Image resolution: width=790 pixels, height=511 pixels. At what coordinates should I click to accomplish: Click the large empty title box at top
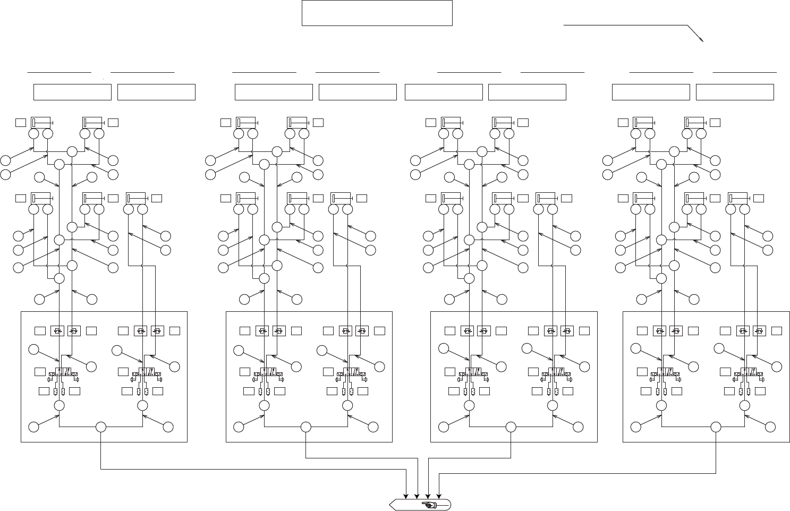click(x=377, y=13)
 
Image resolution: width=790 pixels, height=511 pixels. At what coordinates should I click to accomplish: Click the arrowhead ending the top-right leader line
click(x=702, y=40)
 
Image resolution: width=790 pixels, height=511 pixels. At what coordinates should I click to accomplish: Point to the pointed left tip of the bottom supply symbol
click(x=391, y=505)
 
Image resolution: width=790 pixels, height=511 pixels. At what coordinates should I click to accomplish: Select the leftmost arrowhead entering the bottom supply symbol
click(x=406, y=496)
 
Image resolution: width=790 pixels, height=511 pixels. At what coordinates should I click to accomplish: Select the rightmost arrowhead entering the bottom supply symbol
click(x=439, y=496)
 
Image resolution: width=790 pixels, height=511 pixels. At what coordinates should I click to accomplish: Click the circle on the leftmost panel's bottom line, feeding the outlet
click(x=101, y=427)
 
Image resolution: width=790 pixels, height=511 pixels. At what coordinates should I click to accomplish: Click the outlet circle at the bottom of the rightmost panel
click(x=716, y=427)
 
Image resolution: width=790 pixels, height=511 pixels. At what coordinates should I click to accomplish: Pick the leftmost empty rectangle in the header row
click(x=72, y=92)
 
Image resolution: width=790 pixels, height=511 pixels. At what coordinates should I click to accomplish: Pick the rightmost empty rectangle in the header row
click(x=735, y=92)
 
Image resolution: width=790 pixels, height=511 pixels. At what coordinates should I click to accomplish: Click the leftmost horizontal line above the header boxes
click(x=59, y=71)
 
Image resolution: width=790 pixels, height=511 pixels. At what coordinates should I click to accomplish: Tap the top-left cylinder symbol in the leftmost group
click(x=40, y=123)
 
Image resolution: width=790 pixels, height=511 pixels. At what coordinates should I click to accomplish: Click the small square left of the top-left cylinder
click(x=21, y=123)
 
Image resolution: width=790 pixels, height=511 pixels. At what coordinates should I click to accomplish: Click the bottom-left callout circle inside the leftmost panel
click(x=33, y=427)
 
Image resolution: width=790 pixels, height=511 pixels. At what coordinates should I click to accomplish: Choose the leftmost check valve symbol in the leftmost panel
click(x=57, y=331)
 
